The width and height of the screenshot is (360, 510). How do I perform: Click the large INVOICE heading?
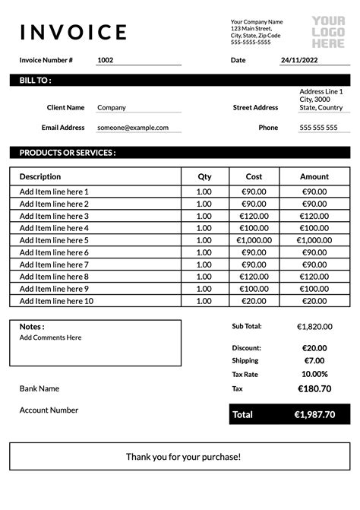74,32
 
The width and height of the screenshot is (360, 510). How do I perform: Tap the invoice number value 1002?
106,60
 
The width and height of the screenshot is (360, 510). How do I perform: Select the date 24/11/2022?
300,60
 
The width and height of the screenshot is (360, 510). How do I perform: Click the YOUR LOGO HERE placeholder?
328,32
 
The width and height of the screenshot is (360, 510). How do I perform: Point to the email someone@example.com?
133,128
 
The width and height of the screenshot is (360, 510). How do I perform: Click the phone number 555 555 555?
319,128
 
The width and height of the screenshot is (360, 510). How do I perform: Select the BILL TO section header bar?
180,80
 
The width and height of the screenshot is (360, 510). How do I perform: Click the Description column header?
40,176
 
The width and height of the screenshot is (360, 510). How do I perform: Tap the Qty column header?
204,176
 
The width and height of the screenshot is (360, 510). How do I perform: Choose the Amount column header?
314,176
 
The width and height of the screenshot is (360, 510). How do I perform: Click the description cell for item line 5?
54,240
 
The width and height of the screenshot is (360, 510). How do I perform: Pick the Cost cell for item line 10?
254,301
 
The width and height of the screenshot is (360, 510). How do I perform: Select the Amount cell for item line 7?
314,265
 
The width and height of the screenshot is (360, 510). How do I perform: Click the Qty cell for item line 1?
204,192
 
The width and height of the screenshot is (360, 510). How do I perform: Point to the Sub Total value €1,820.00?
314,326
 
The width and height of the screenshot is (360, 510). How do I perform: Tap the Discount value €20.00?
314,347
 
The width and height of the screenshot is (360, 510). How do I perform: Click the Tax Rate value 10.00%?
314,374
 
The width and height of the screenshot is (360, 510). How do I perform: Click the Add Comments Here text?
50,337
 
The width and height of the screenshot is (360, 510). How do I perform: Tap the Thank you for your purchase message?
183,457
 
